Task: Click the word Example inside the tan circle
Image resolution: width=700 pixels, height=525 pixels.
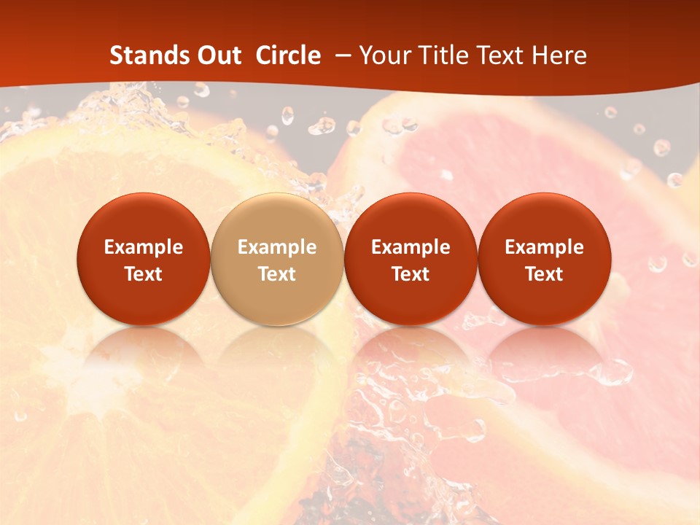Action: pyautogui.click(x=277, y=247)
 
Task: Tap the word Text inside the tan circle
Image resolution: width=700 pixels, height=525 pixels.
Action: pyautogui.click(x=277, y=274)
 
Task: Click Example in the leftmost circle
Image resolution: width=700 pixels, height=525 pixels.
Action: pyautogui.click(x=143, y=247)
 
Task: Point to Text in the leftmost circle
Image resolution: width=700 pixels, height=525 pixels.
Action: pyautogui.click(x=143, y=274)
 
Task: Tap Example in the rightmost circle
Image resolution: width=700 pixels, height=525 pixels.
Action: pyautogui.click(x=545, y=247)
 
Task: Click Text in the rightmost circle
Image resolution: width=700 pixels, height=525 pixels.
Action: pyautogui.click(x=545, y=274)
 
